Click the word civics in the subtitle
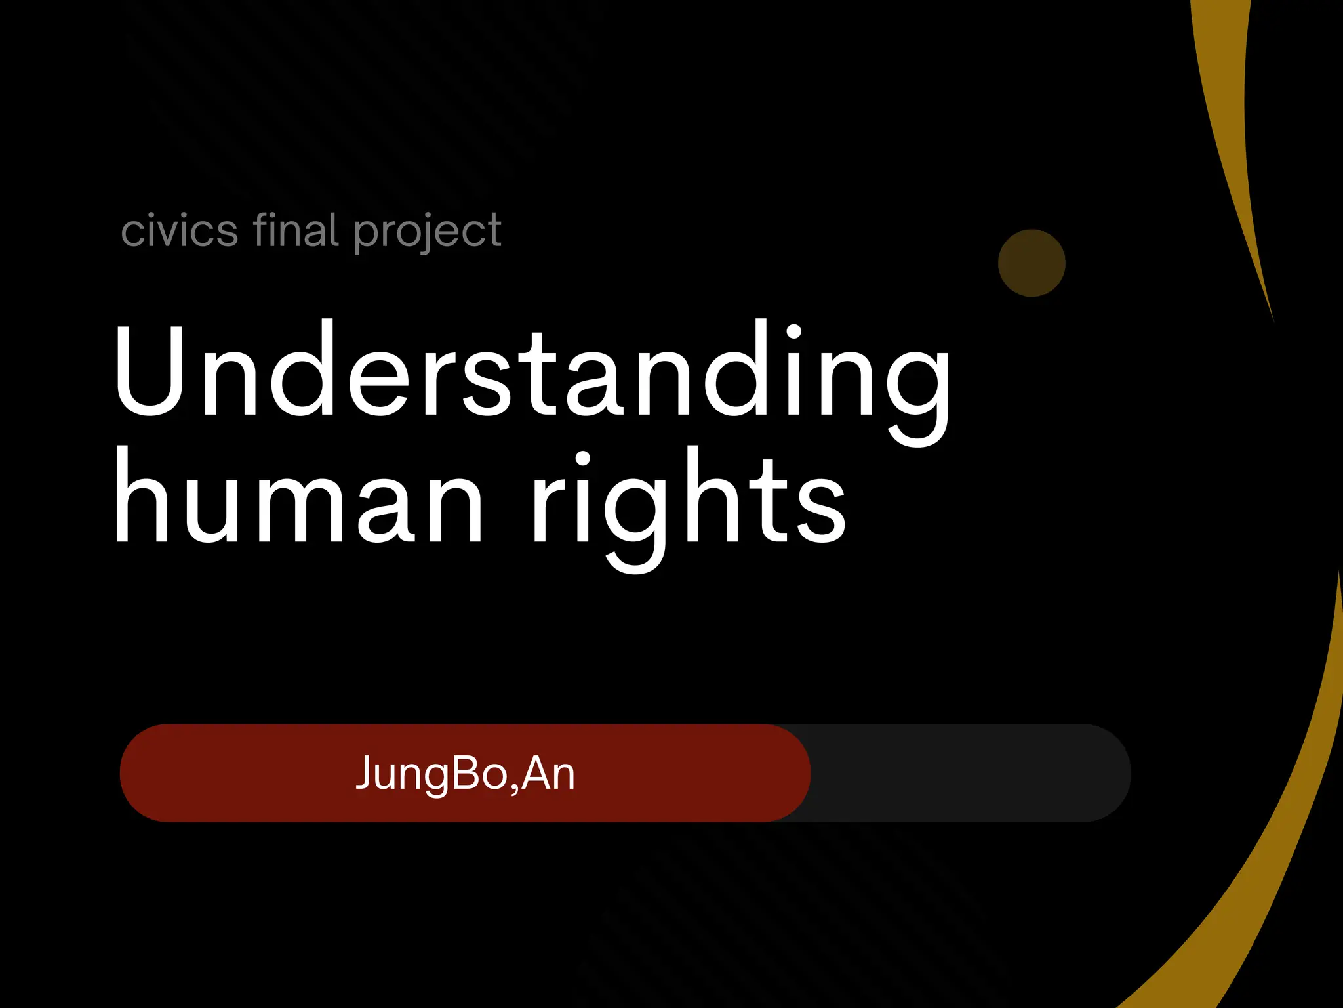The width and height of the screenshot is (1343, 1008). click(x=179, y=231)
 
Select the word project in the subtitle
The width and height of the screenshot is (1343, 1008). click(x=428, y=232)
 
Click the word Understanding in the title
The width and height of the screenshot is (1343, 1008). click(x=531, y=371)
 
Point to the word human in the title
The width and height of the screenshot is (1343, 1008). click(x=298, y=499)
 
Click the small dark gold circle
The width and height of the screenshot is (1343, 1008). click(x=1032, y=262)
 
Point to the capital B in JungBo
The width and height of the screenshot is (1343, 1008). click(x=466, y=772)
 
